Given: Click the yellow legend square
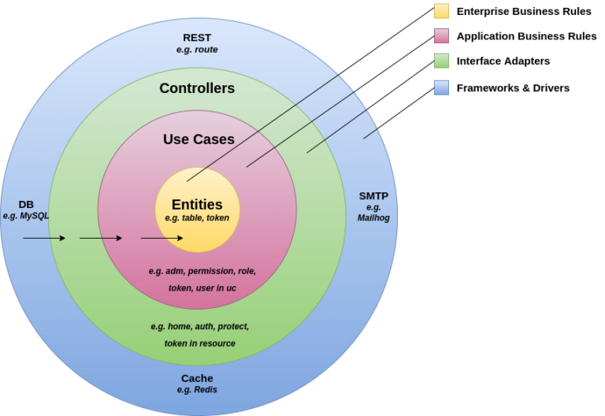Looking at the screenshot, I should point(441,11).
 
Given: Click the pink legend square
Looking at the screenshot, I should point(441,35).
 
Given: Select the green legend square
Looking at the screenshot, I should point(441,61).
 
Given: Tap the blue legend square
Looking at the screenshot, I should point(441,87).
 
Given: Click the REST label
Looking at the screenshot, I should point(197,37).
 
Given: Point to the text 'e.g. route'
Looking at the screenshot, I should point(197,50).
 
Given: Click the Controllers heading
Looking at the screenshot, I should point(197,88).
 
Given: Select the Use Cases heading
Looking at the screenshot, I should point(199,139).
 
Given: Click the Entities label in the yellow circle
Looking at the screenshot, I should point(197,204).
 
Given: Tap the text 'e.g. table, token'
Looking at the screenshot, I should point(197,218).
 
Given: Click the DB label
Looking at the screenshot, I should point(26,204).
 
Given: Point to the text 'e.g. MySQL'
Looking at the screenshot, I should point(26,216).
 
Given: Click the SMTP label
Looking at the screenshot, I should point(373,195).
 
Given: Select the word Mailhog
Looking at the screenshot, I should point(373,218).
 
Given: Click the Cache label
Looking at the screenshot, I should point(197,378).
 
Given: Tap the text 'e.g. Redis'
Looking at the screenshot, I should point(197,390).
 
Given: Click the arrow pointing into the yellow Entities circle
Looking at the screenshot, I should point(161,238).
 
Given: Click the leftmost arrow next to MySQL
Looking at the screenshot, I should point(44,238).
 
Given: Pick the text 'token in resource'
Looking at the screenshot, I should point(200,344).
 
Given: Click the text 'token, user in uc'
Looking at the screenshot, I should point(202,288).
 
